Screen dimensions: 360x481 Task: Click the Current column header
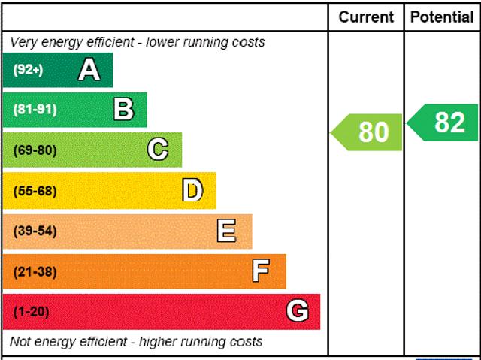(366, 17)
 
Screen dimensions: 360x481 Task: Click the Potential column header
(443, 17)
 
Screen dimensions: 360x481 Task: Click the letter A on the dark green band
(89, 70)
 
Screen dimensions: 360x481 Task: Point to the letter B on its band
(123, 110)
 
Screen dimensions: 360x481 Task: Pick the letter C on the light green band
(158, 150)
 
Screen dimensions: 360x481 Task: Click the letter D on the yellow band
(192, 190)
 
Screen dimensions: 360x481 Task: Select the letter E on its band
(226, 231)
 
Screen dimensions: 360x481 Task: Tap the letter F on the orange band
(261, 271)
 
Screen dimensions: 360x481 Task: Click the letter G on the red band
(298, 311)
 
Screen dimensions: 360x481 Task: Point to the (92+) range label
(28, 70)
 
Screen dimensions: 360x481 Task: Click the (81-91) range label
(35, 110)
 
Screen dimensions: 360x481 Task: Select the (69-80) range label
(35, 150)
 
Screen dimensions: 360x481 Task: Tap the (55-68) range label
(35, 191)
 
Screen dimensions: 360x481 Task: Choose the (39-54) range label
(35, 231)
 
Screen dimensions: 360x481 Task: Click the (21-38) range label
(35, 271)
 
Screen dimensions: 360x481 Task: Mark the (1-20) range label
(31, 312)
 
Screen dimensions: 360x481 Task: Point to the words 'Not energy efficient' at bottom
(68, 342)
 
